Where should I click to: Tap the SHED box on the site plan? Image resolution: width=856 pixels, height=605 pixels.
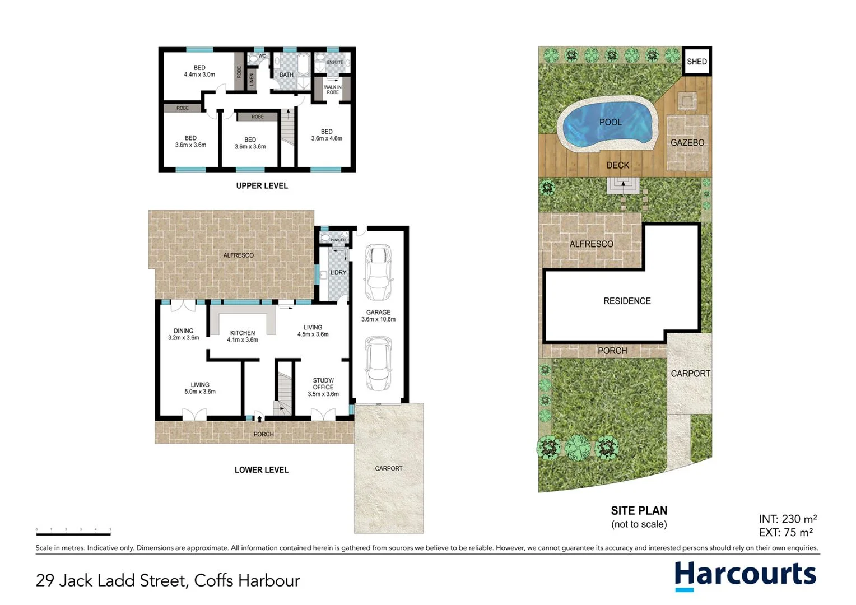coord(697,62)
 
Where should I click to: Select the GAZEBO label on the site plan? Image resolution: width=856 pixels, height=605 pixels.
coord(687,143)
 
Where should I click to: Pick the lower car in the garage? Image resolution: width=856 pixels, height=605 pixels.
coord(378,363)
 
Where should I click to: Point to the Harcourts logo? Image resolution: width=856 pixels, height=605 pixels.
coord(745,575)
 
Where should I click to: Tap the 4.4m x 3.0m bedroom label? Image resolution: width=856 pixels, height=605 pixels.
coord(199,71)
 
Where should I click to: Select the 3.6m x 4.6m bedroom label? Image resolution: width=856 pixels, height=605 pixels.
coord(327,135)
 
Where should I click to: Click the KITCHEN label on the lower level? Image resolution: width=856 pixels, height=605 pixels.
coord(243,336)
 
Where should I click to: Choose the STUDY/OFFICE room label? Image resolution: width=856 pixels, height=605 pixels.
coord(323,387)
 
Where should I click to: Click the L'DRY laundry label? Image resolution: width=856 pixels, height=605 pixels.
coord(338,273)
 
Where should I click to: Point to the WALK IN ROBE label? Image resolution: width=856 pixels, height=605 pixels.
coord(333,90)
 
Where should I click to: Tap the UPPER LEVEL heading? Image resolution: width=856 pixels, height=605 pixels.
coord(262,186)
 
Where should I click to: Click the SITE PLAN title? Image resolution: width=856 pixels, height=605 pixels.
coord(639,511)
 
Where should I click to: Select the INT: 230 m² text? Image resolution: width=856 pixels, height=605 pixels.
coord(787,519)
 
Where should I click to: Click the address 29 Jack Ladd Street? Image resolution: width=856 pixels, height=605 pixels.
coord(168,580)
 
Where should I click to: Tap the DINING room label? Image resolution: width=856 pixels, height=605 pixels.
coord(184,334)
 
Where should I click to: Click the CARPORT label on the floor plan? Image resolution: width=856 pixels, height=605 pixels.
coord(389,468)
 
